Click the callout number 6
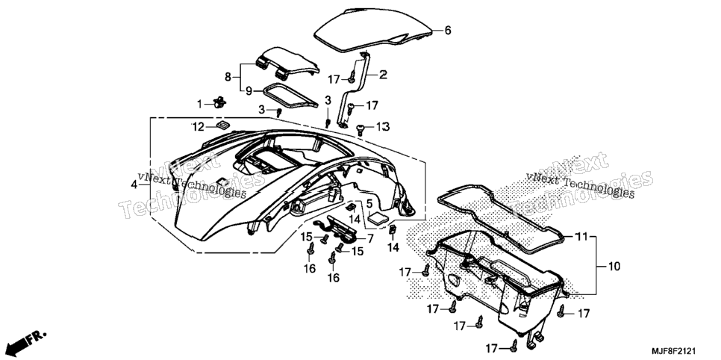click(x=447, y=31)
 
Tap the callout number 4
click(x=134, y=184)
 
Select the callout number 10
click(x=614, y=266)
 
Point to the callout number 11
click(x=581, y=237)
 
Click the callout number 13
click(x=383, y=126)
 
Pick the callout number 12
click(x=198, y=127)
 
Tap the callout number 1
click(x=199, y=105)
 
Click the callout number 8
click(x=228, y=78)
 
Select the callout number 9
click(x=249, y=90)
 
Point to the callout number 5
click(x=369, y=203)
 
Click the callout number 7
click(x=370, y=238)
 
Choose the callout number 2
click(x=383, y=74)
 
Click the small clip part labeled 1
click(x=219, y=102)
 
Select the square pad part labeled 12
click(x=223, y=125)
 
